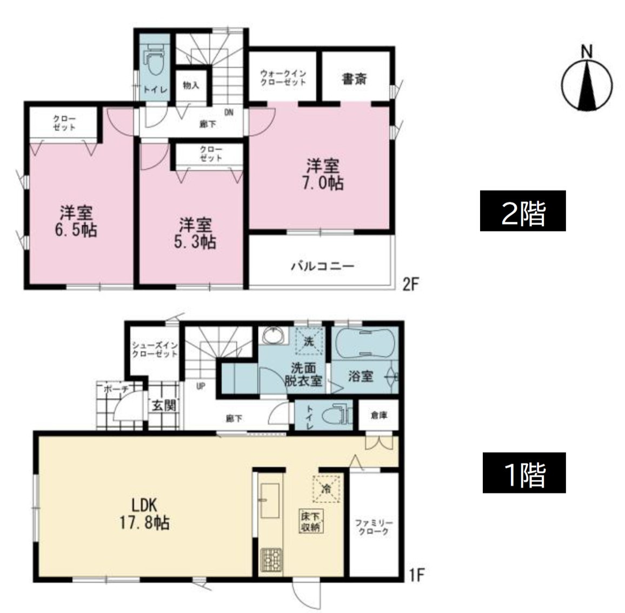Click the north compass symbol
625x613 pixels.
[x=587, y=80]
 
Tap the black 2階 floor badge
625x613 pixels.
[x=523, y=210]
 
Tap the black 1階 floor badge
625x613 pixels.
[x=524, y=473]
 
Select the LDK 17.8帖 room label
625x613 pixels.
[x=144, y=514]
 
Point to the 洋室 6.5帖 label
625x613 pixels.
[x=76, y=221]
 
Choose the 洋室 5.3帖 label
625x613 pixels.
[x=195, y=234]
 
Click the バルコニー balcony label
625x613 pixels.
[x=322, y=266]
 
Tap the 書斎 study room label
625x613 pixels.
[x=354, y=78]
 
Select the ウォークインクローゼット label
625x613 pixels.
[x=283, y=78]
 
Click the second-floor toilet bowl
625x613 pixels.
[x=155, y=60]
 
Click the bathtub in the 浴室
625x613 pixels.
[x=365, y=343]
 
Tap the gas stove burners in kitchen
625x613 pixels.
[x=271, y=561]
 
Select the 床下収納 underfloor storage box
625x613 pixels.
[x=310, y=522]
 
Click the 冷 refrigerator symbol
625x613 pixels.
[x=326, y=488]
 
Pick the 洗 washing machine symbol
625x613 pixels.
[x=309, y=341]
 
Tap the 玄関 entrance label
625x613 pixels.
[x=164, y=406]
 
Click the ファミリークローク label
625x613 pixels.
[x=374, y=527]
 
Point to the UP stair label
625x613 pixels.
[x=201, y=386]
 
